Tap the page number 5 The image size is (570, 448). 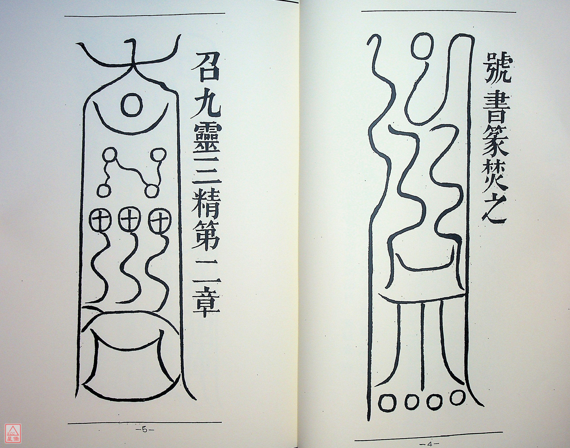click(x=144, y=430)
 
